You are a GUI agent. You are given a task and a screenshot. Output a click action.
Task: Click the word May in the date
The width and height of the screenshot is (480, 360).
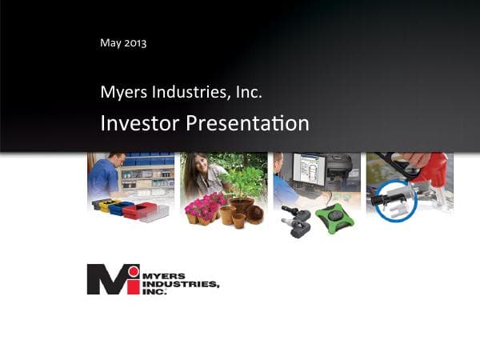[x=110, y=42]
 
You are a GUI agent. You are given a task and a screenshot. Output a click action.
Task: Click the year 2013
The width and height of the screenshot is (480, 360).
[x=134, y=42]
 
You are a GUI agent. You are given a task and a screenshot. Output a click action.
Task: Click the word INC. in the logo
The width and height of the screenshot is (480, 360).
[x=155, y=292]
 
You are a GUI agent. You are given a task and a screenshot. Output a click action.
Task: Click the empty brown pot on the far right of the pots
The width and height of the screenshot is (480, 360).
[x=254, y=214]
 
